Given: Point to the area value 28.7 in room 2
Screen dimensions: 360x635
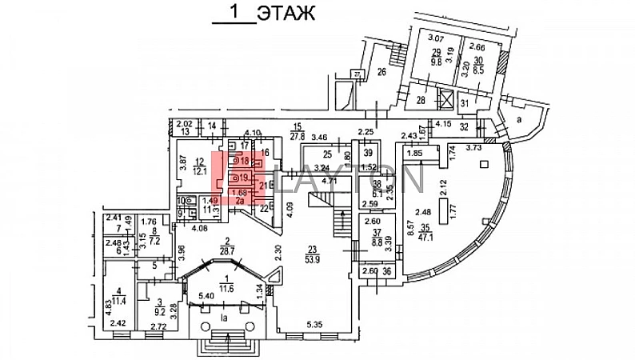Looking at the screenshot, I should pyautogui.click(x=206, y=251).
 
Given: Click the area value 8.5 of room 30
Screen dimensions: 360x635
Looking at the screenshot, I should pyautogui.click(x=477, y=70).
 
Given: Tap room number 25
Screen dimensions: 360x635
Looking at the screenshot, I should pyautogui.click(x=327, y=154).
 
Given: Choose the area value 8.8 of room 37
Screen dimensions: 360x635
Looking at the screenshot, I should pyautogui.click(x=370, y=238).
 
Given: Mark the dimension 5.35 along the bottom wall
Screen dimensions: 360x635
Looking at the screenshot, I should pyautogui.click(x=317, y=325).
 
